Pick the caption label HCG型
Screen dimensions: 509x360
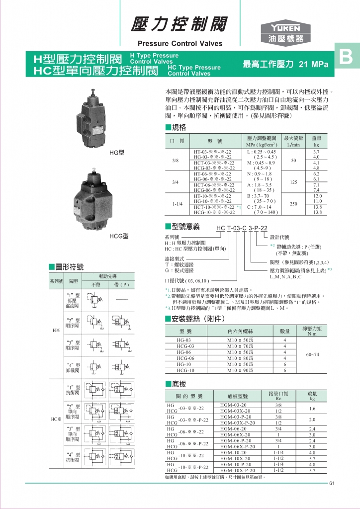click(x=119, y=236)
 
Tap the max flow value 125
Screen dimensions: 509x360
click(x=293, y=182)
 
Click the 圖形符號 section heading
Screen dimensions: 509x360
click(x=69, y=266)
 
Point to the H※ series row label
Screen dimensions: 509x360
click(x=57, y=330)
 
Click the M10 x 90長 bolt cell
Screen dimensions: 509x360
click(x=240, y=370)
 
